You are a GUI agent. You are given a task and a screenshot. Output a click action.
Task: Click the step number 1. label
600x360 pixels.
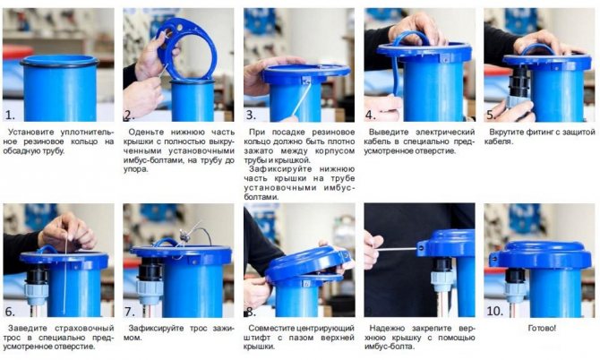(11, 116)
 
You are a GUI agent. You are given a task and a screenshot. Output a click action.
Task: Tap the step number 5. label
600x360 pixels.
(492, 116)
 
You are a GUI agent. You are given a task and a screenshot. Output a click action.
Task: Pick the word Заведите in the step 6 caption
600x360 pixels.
(33, 328)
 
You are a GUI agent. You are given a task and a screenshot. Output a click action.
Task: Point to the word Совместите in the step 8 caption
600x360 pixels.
(277, 328)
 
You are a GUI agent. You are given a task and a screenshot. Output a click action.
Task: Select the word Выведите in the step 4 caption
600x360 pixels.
(392, 132)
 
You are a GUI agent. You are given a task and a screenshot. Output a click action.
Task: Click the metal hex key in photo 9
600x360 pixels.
(394, 248)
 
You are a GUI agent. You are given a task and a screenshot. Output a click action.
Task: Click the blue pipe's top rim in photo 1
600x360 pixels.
(59, 61)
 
